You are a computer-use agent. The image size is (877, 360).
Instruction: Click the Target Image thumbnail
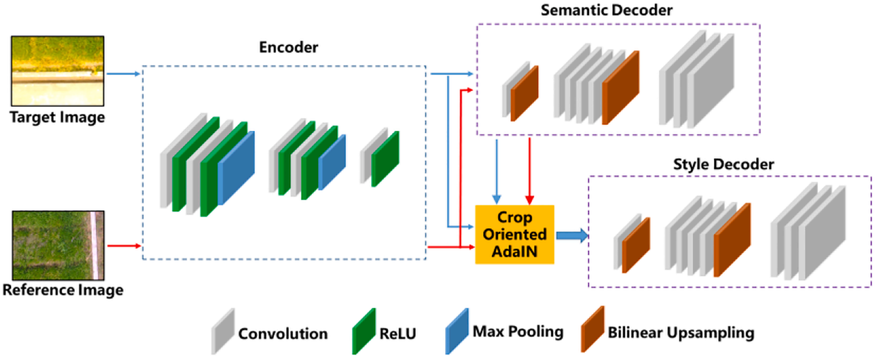point(57,70)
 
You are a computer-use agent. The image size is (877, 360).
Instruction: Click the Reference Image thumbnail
point(57,245)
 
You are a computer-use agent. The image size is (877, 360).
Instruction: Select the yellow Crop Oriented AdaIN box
point(515,234)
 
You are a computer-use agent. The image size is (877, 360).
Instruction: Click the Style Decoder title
point(723,165)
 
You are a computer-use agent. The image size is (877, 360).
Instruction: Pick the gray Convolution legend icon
point(223,330)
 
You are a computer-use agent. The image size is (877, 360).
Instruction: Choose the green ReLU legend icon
point(363,330)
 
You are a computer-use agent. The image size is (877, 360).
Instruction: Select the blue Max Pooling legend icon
point(456,330)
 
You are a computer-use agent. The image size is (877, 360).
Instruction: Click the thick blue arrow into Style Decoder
point(572,235)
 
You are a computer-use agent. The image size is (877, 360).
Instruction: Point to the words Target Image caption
point(57,117)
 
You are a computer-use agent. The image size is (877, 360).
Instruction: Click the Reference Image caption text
point(63,290)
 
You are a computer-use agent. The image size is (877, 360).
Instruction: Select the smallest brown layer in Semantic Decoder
point(524,92)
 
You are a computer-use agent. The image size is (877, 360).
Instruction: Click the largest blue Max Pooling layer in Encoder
point(237,168)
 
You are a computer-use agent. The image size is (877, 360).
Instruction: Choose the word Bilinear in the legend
point(636,333)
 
